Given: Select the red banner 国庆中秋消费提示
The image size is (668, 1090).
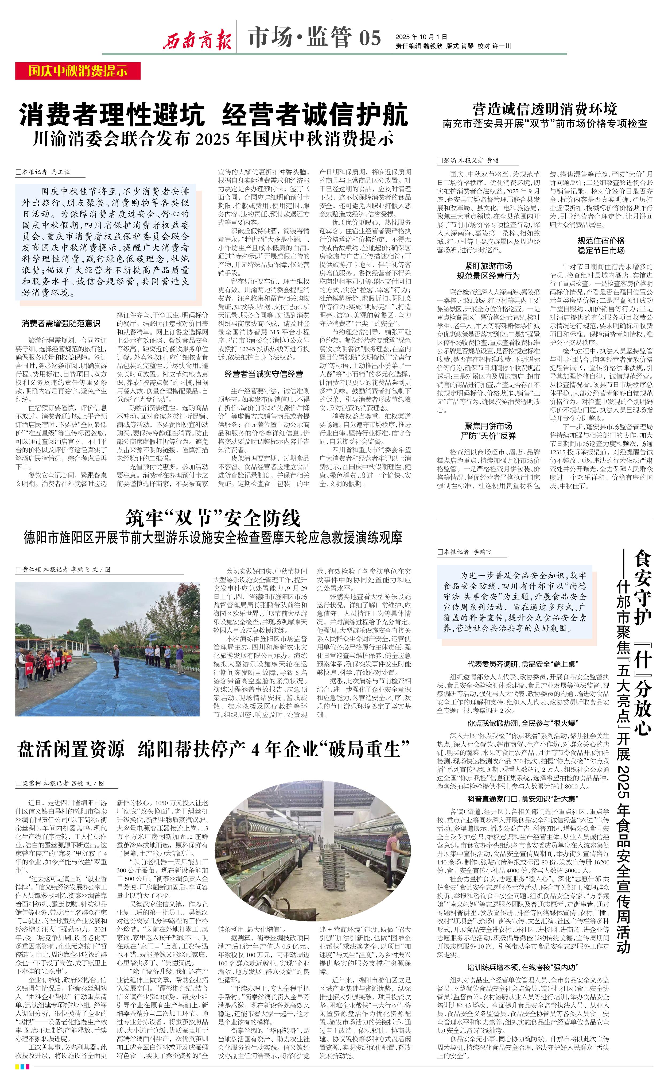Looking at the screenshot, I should pos(78,71).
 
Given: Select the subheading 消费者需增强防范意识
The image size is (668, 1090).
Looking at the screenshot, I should pos(61,323).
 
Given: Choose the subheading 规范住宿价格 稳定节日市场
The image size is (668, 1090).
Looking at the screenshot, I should pos(601,245).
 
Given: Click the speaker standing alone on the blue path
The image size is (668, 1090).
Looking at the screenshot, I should pos(116,660).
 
